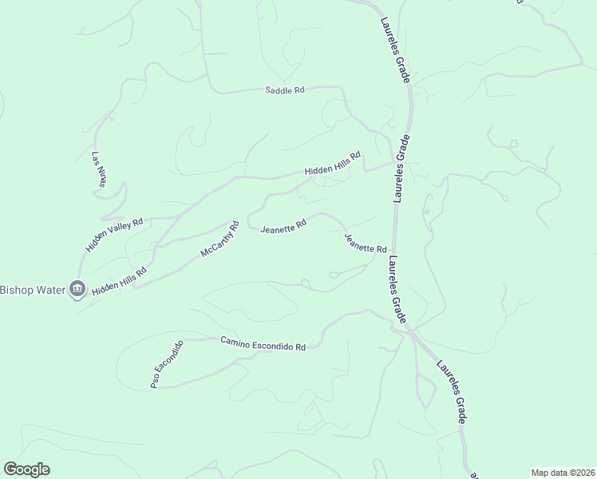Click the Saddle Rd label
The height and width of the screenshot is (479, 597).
(285, 91)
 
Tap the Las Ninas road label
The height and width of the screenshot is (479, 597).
(98, 169)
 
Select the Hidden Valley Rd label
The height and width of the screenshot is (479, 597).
(114, 235)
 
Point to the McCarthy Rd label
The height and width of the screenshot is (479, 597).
(219, 239)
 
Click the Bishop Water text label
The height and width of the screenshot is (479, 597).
(32, 288)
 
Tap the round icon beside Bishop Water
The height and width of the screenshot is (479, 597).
(77, 288)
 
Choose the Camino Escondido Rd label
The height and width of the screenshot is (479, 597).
(263, 343)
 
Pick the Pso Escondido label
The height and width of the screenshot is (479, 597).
(167, 364)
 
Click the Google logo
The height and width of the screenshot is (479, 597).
(26, 469)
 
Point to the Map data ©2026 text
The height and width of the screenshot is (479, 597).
(563, 473)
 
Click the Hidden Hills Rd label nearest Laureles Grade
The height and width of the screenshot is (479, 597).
(332, 163)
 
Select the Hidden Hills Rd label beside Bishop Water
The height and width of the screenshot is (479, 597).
(119, 281)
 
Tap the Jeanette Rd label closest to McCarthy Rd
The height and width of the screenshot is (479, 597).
(283, 227)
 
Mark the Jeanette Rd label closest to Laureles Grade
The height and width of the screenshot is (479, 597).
(365, 243)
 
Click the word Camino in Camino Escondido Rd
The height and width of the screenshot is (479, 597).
(238, 341)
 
